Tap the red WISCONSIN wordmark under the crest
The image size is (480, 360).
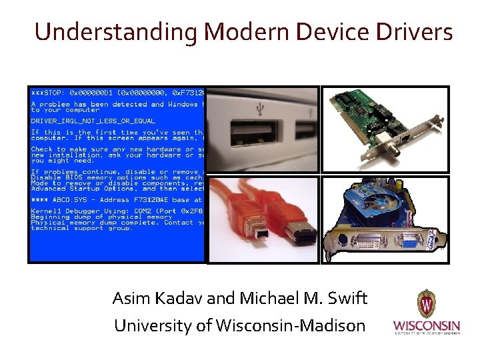pyautogui.click(x=426, y=326)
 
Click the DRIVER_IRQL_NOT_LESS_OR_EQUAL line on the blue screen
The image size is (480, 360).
pyautogui.click(x=93, y=121)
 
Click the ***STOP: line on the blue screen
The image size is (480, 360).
pyautogui.click(x=51, y=92)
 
